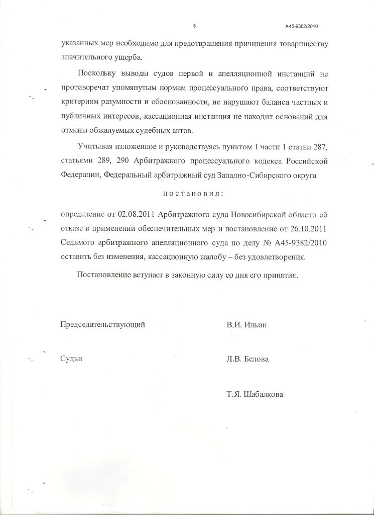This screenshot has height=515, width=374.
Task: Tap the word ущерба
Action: coord(128,56)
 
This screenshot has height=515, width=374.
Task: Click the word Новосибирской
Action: coord(257,215)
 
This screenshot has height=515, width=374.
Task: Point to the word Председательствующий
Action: coord(103,324)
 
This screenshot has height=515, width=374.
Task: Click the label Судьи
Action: coord(71,359)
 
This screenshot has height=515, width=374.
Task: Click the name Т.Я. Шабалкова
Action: coord(255,394)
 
